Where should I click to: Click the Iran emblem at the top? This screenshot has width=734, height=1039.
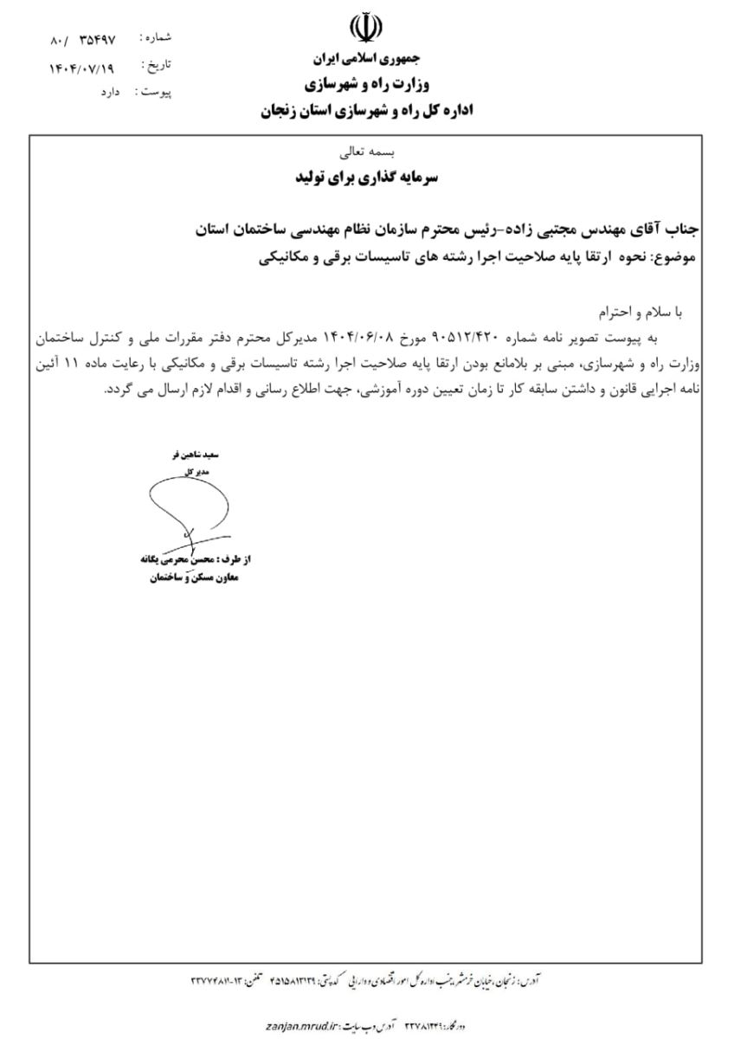click(366, 29)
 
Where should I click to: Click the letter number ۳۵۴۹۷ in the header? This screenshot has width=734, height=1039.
click(96, 39)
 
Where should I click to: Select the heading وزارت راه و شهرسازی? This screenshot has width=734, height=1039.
click(366, 85)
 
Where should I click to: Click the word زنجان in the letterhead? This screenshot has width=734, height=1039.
click(282, 111)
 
